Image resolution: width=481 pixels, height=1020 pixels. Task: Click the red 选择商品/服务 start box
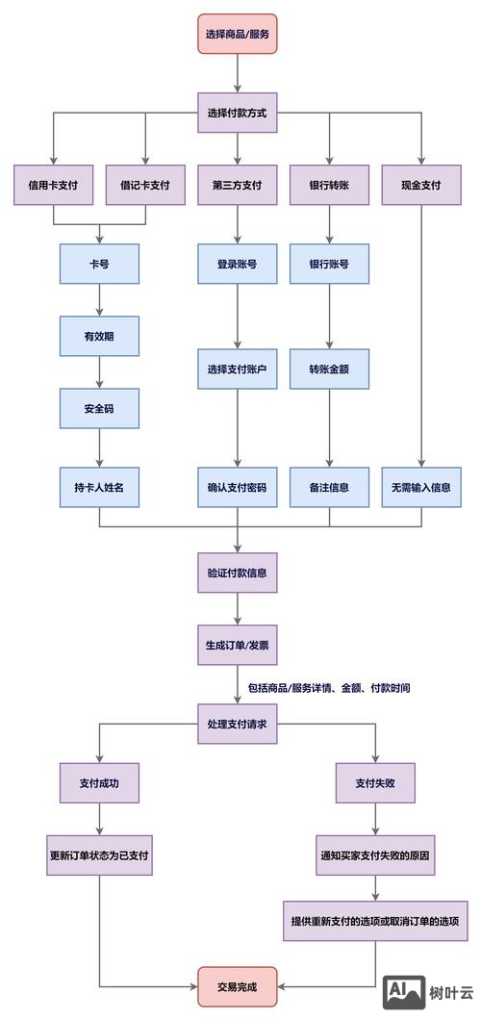click(x=238, y=34)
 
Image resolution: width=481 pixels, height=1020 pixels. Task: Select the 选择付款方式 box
click(x=238, y=113)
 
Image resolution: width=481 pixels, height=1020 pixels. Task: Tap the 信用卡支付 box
click(x=53, y=186)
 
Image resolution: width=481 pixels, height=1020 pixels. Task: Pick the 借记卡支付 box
click(x=145, y=186)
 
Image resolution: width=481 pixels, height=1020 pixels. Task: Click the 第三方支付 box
click(x=238, y=186)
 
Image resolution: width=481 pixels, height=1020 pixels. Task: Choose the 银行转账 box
click(x=329, y=186)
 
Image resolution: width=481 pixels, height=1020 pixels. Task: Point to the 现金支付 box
click(x=421, y=186)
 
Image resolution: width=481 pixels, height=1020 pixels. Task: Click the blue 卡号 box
click(x=99, y=264)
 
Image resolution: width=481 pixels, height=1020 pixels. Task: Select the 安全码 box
click(x=99, y=408)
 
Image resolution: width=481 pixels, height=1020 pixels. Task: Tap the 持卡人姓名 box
click(x=99, y=487)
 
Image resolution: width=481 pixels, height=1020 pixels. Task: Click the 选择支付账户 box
click(x=238, y=370)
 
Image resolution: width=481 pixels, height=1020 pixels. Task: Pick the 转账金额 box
click(x=329, y=370)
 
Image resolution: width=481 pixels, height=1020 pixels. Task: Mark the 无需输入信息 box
click(x=421, y=487)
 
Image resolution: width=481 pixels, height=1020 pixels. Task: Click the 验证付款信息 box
click(x=238, y=573)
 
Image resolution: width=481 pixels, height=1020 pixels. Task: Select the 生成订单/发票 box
click(x=238, y=645)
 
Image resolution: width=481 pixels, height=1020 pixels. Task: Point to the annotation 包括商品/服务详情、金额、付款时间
click(x=329, y=689)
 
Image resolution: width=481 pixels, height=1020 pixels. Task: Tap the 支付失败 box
click(x=375, y=783)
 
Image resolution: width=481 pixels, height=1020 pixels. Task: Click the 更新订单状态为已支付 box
click(x=99, y=854)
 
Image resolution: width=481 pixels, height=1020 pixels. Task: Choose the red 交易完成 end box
click(x=238, y=986)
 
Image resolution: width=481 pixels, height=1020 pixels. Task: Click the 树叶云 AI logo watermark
click(x=429, y=993)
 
